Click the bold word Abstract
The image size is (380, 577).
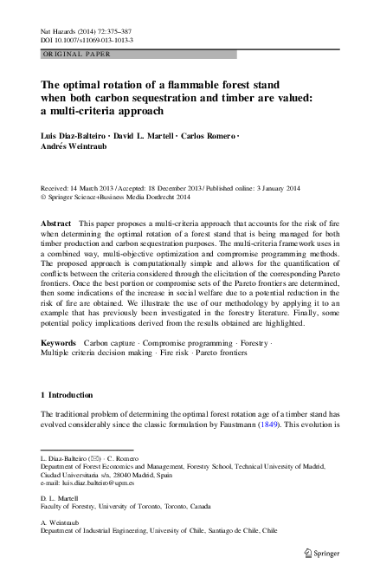[56, 224]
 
